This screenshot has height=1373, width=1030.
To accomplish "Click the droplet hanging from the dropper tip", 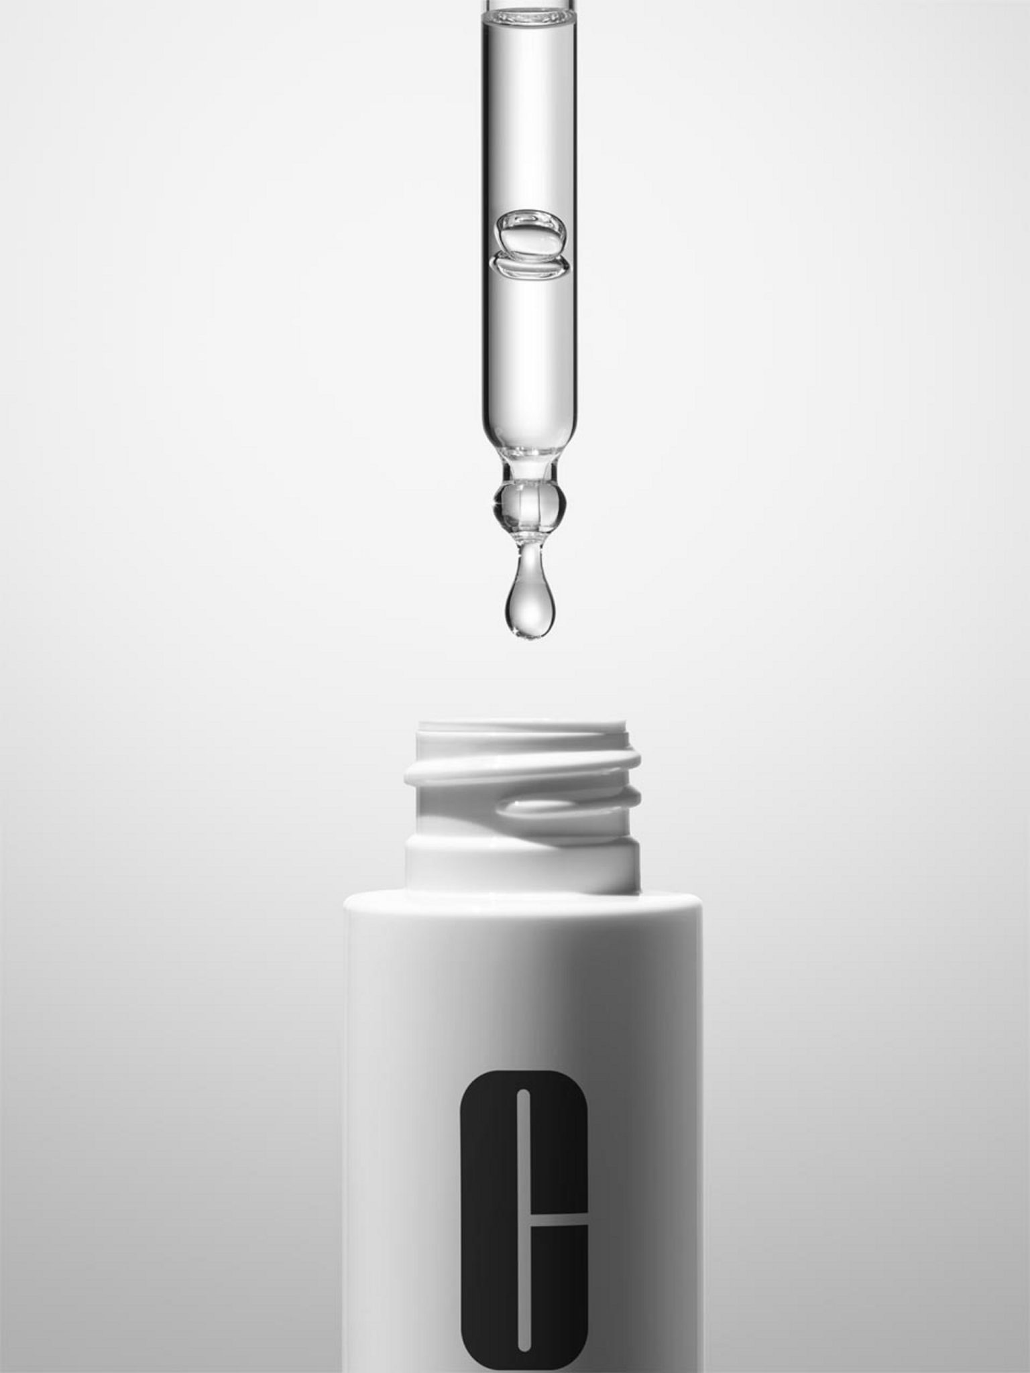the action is (530, 606).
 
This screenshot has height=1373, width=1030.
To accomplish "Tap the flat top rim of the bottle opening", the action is (523, 727).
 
